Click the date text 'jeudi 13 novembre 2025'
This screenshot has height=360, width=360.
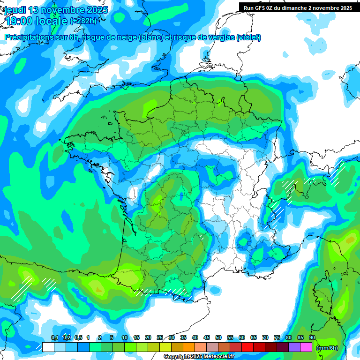[56, 10]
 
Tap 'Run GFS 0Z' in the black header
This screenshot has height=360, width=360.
[258, 8]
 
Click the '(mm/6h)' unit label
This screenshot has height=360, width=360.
[327, 348]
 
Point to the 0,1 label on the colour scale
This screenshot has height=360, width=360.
[54, 338]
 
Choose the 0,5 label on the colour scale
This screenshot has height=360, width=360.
[78, 338]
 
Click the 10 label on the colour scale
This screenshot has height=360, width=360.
[124, 338]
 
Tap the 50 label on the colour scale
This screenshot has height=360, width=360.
[218, 338]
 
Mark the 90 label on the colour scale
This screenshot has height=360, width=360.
[312, 338]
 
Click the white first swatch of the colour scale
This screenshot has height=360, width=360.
[48, 347]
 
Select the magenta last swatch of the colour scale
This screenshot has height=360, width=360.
[306, 347]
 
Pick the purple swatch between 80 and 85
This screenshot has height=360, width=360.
[294, 347]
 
